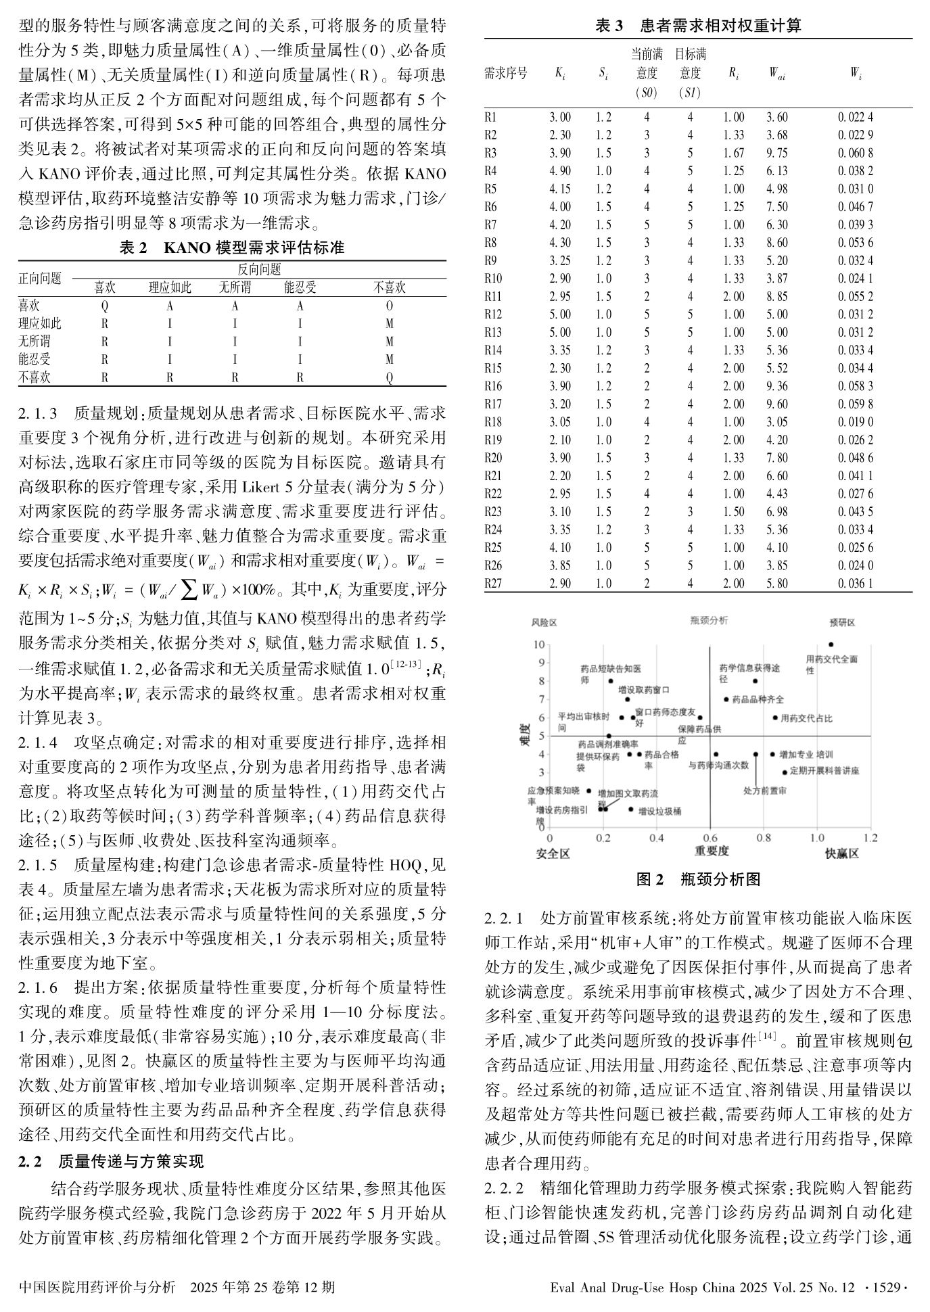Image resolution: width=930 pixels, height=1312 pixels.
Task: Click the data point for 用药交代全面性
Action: [x=831, y=645]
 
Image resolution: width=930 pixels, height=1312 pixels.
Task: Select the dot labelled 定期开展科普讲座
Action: [x=784, y=772]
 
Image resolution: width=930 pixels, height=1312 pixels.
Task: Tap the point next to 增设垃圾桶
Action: [x=631, y=809]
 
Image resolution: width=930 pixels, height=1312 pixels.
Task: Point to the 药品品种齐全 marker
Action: [x=726, y=699]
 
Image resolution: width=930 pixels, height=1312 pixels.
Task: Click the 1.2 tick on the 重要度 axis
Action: [x=870, y=839]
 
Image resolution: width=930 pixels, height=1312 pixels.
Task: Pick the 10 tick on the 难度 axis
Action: [x=540, y=645]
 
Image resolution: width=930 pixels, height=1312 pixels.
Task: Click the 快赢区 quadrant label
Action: [x=841, y=853]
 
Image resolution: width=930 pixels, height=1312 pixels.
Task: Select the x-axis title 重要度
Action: [x=712, y=851]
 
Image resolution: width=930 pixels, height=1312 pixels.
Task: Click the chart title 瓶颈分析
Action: [x=709, y=620]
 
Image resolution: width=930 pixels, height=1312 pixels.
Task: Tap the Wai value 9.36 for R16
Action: [x=776, y=386]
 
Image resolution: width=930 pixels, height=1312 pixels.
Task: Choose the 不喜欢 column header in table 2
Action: [x=389, y=287]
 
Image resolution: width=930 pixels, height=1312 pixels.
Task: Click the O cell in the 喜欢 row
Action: [x=389, y=306]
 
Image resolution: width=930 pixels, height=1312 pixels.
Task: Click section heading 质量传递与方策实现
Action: [x=131, y=1162]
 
